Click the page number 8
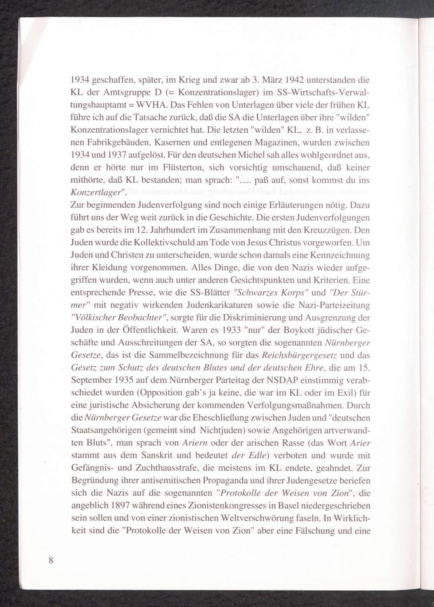pyautogui.click(x=51, y=560)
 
